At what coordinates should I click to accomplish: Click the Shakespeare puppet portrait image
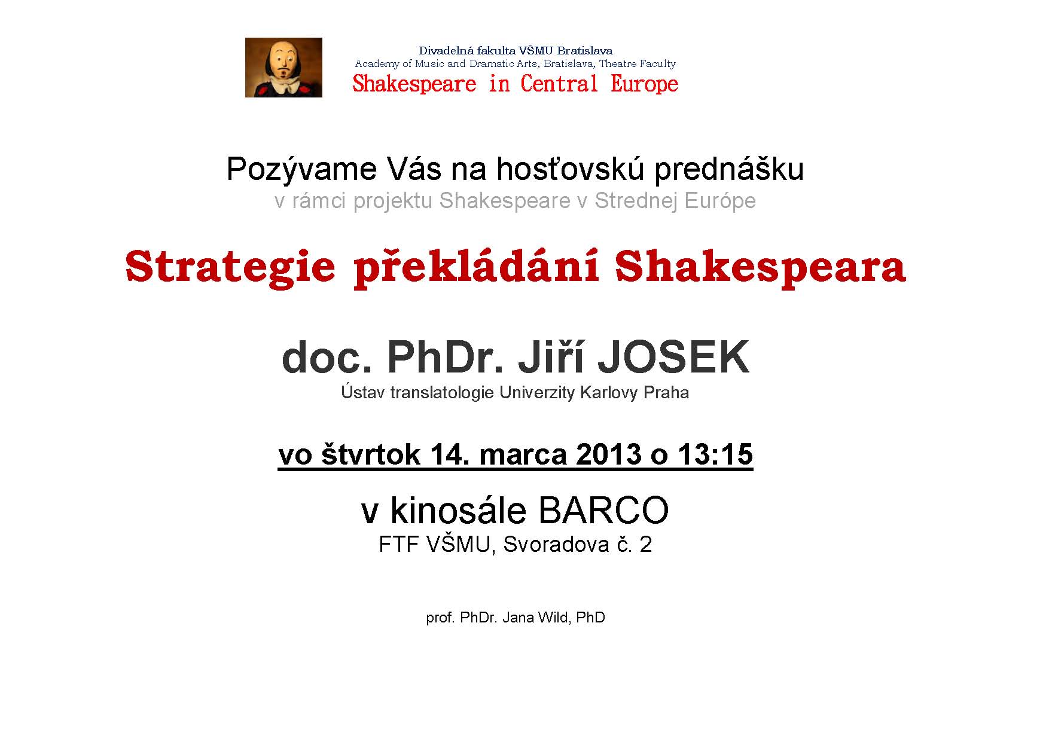(283, 68)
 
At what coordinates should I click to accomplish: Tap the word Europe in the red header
(644, 84)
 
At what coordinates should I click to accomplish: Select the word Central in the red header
(559, 84)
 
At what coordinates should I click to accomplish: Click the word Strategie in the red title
(230, 268)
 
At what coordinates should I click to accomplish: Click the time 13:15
(715, 454)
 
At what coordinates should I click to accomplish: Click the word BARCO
(603, 511)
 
